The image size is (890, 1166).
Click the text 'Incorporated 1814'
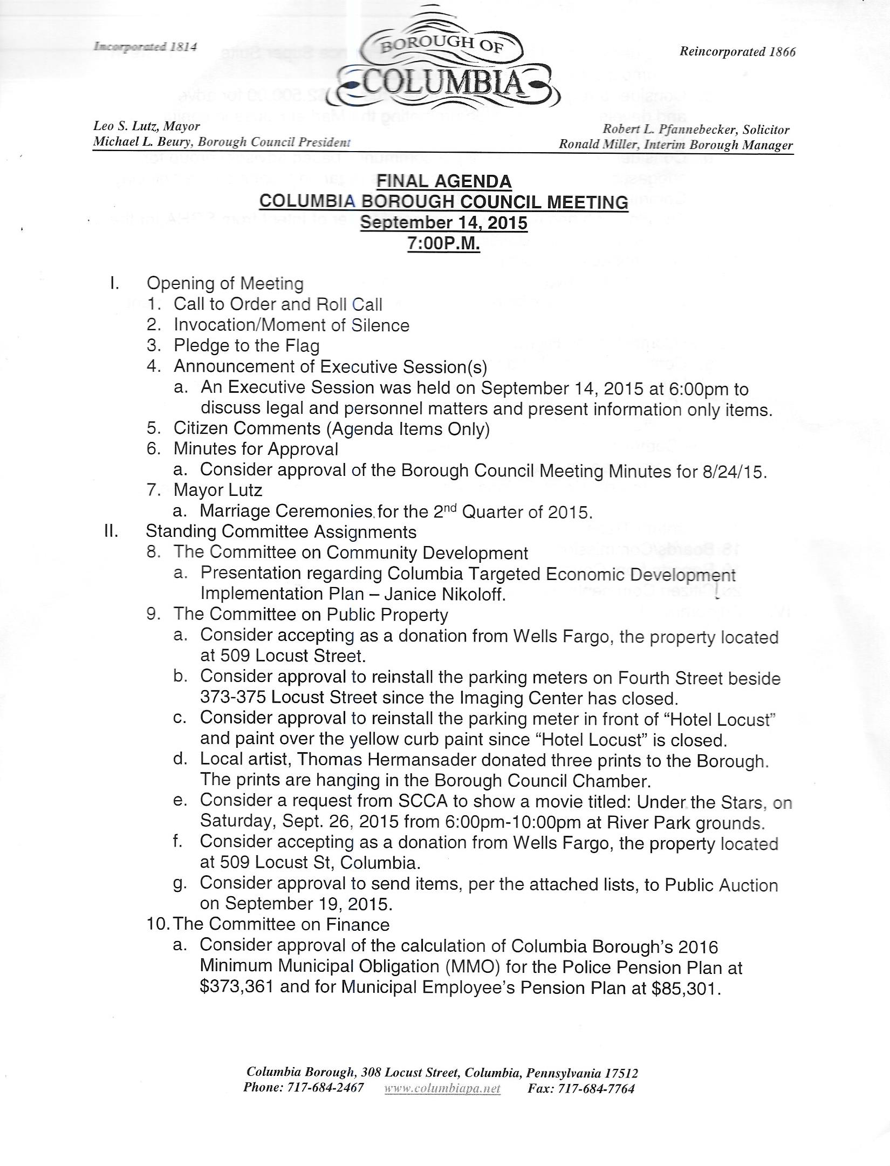145,46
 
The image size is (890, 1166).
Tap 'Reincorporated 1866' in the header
737,52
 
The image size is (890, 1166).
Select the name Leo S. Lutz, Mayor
146,126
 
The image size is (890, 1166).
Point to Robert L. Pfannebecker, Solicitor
696,129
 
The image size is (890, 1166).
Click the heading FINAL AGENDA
444,181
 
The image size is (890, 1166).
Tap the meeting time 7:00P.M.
443,244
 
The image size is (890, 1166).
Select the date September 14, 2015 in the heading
443,223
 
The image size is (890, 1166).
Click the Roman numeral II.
112,531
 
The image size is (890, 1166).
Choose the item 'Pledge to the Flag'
247,346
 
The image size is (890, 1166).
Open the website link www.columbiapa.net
442,1088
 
